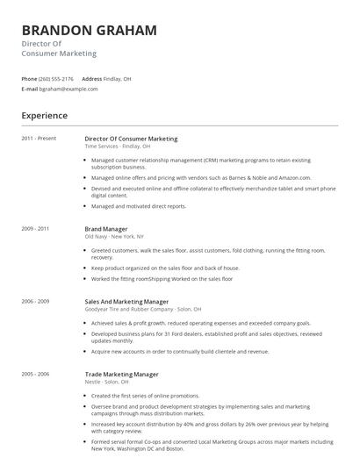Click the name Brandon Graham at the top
[90, 30]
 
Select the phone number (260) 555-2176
[57, 78]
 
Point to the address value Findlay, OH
[118, 78]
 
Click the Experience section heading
[44, 115]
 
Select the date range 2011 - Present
[39, 139]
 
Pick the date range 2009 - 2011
[36, 228]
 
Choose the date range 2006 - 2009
[36, 301]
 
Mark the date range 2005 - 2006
[36, 374]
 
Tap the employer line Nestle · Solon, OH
[106, 382]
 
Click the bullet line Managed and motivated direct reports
[139, 206]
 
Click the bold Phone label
[29, 78]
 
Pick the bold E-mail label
[30, 89]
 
